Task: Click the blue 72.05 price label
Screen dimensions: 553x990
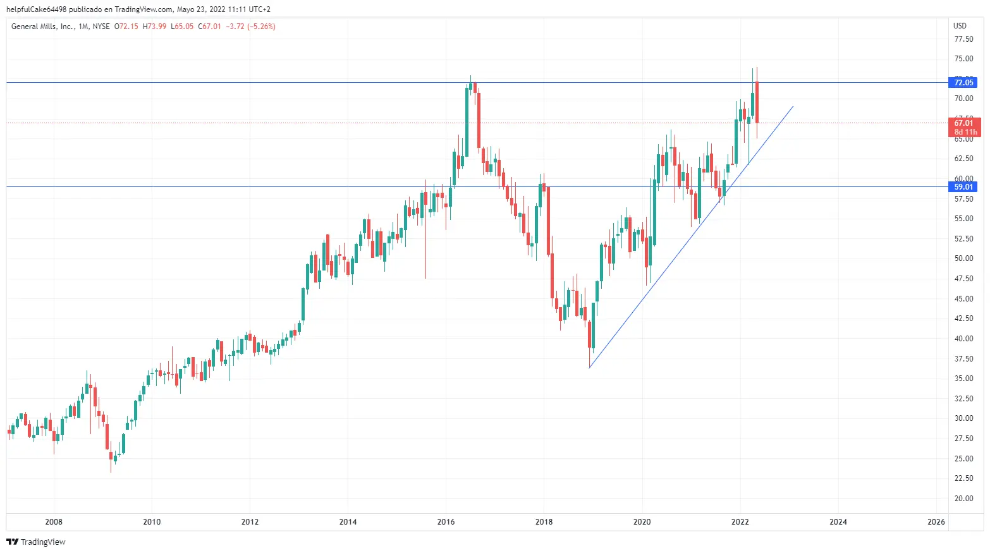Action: (x=963, y=83)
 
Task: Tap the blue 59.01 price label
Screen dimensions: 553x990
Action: (x=963, y=187)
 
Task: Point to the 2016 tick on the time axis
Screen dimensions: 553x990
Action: (x=446, y=522)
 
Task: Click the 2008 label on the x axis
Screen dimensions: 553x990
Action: (x=54, y=522)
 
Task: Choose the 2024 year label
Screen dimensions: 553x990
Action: (x=838, y=522)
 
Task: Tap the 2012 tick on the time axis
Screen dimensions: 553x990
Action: (x=250, y=522)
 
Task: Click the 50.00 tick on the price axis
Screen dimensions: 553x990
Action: (x=963, y=258)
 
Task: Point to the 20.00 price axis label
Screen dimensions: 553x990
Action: (x=963, y=499)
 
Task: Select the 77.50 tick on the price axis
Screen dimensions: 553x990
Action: (x=963, y=39)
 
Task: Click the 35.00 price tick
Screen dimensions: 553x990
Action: (x=963, y=379)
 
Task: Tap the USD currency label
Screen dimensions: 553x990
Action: (x=960, y=26)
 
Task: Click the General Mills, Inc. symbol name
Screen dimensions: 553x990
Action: (x=42, y=27)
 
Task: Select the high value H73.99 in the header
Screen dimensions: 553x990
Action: (x=155, y=27)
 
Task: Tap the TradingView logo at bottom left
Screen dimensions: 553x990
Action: (x=36, y=542)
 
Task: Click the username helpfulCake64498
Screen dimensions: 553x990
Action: (x=36, y=9)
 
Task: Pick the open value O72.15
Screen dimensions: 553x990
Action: (x=126, y=27)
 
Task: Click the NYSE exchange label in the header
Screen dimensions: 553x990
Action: (x=101, y=27)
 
